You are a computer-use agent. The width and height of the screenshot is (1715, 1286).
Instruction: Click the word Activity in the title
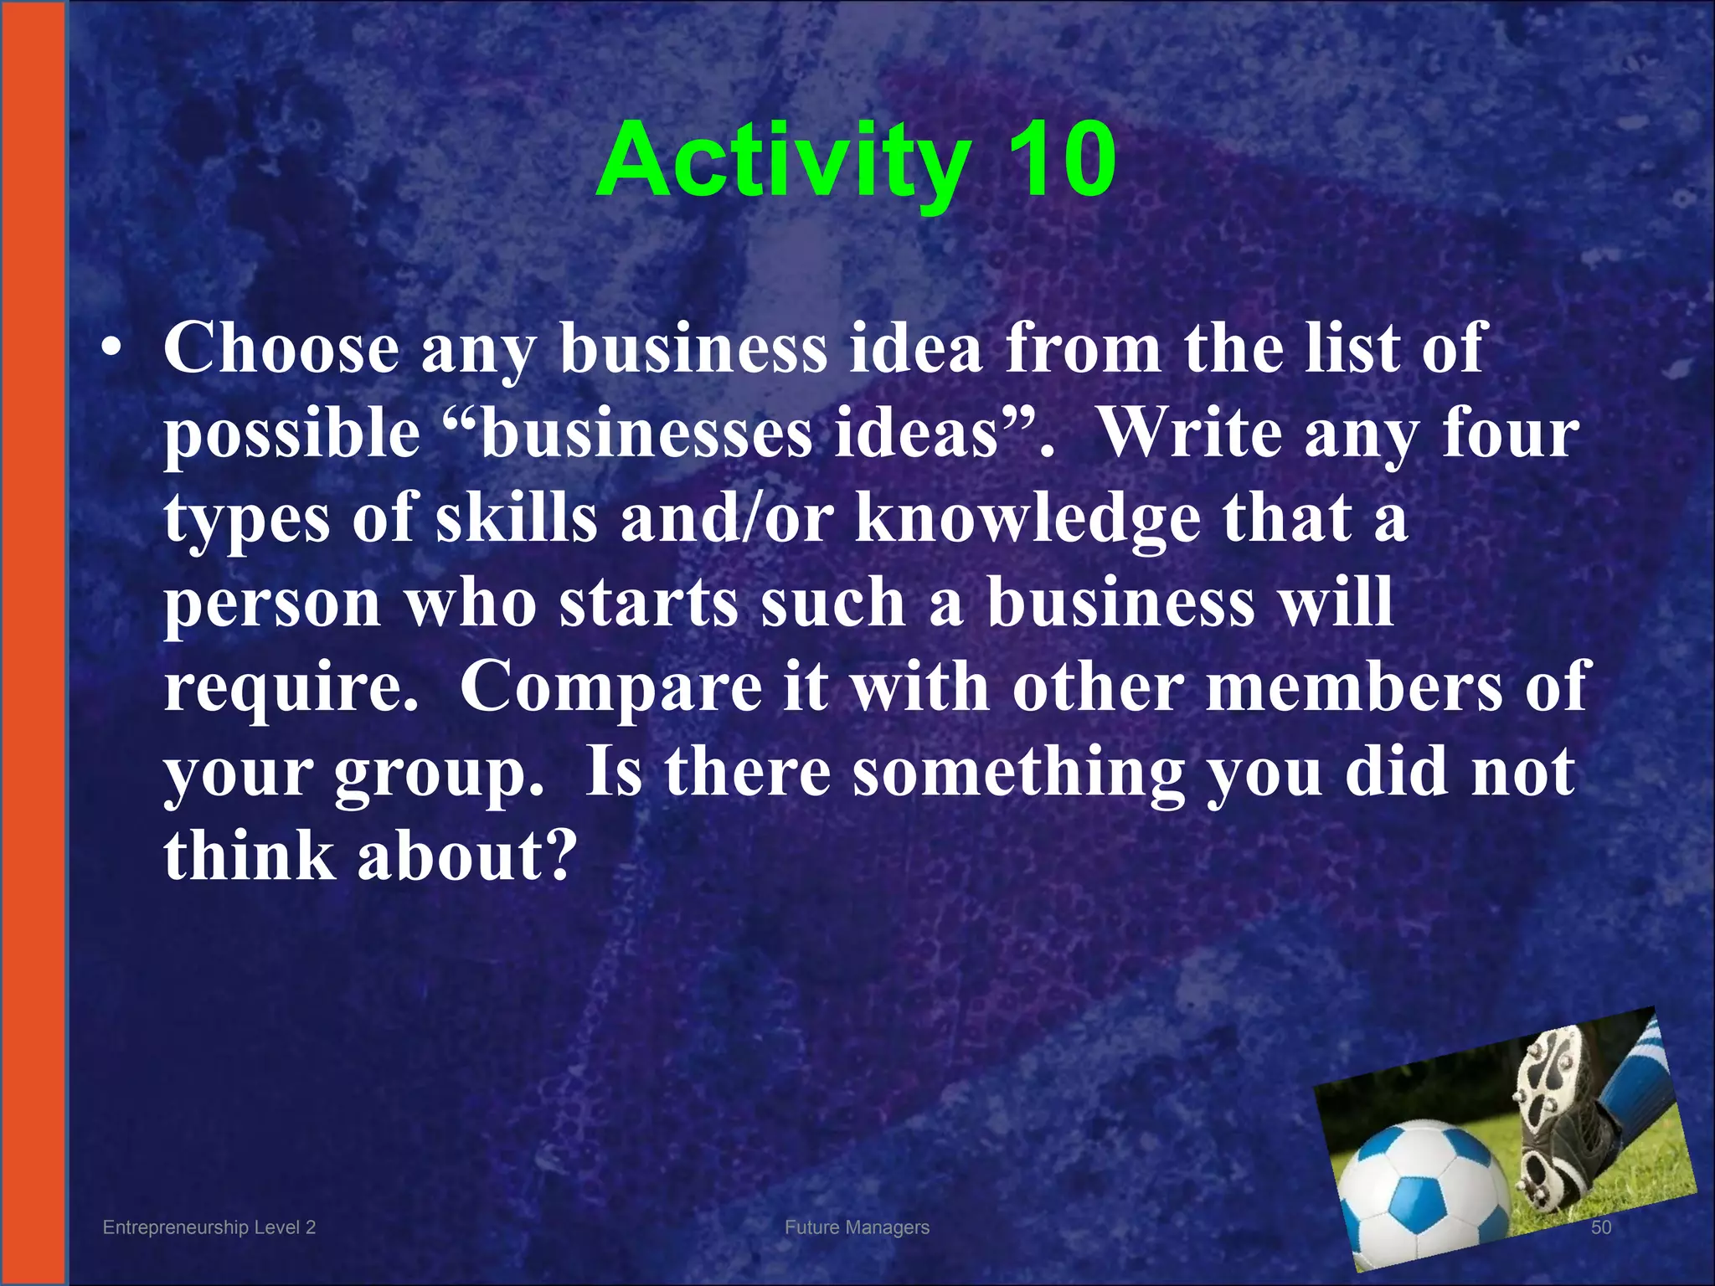point(783,161)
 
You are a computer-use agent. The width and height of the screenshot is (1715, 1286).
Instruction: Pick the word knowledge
point(1027,519)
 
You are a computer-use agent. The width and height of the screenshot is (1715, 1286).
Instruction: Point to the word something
point(1018,773)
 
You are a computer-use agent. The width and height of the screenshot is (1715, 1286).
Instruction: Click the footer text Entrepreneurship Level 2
point(209,1227)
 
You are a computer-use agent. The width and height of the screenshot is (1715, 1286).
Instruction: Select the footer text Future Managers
point(857,1227)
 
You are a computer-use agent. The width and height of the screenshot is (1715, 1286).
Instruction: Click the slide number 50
point(1600,1227)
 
